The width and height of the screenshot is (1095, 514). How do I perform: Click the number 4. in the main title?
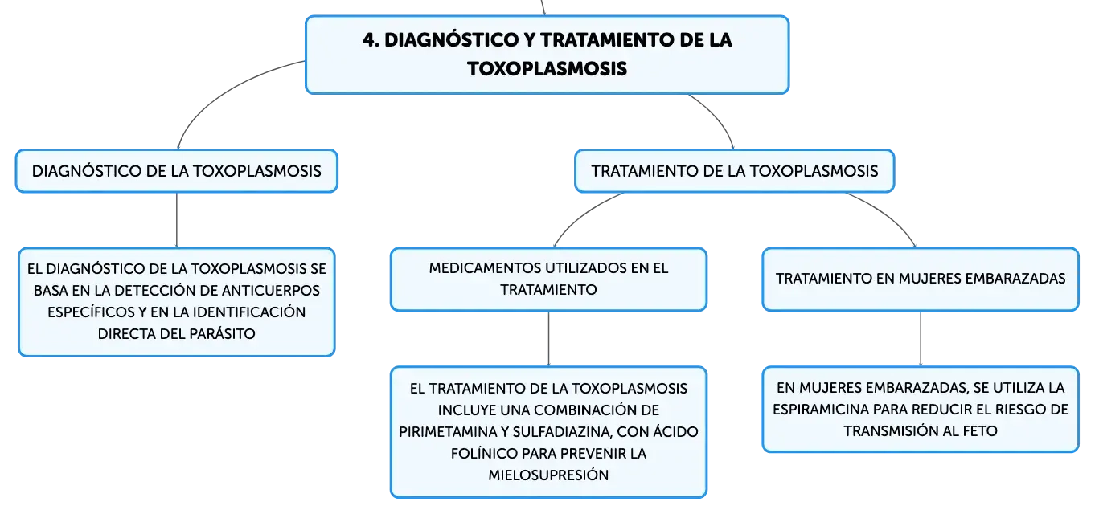click(x=371, y=40)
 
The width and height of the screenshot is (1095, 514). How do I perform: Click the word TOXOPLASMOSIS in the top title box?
click(x=547, y=69)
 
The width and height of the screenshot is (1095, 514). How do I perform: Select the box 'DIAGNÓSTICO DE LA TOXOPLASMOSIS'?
click(x=177, y=171)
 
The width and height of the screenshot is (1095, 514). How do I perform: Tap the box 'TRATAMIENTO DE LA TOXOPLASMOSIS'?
click(x=734, y=171)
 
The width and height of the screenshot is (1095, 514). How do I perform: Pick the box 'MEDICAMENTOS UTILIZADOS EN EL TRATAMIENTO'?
click(x=548, y=279)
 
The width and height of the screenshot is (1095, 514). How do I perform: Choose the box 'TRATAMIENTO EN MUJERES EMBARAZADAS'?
click(x=921, y=279)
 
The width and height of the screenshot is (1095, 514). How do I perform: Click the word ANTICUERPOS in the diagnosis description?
click(x=270, y=291)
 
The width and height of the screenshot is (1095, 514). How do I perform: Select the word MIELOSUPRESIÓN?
click(x=548, y=475)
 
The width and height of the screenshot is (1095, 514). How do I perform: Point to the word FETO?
click(x=980, y=431)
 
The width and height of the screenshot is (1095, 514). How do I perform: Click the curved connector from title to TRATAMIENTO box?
click(x=718, y=116)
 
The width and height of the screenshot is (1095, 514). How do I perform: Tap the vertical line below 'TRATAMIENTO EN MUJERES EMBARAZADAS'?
click(x=921, y=339)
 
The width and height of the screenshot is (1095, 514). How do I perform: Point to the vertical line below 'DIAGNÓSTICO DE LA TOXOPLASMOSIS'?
click(x=177, y=220)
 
